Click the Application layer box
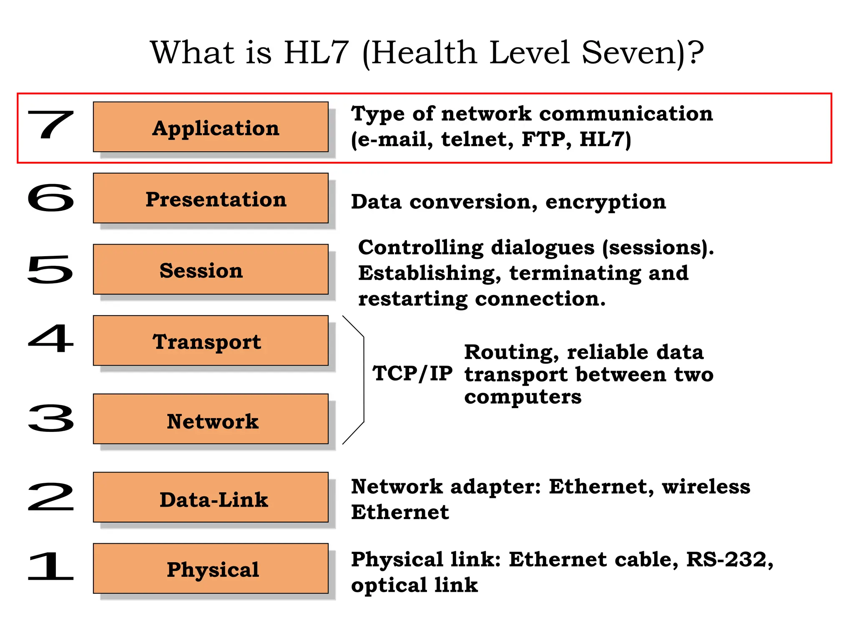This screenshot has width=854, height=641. coord(211,127)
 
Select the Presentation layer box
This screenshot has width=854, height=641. coord(211,198)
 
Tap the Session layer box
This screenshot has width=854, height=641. coord(211,270)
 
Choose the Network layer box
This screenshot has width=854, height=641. coord(211,419)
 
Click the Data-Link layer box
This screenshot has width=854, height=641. coord(211,497)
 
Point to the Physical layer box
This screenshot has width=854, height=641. coord(211,568)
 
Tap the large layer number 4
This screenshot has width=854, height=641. coord(51,339)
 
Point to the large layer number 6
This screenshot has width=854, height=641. coord(51,197)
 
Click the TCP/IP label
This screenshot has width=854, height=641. coord(412,373)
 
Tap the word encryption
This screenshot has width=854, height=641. coord(605,202)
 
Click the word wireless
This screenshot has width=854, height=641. coord(706,487)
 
